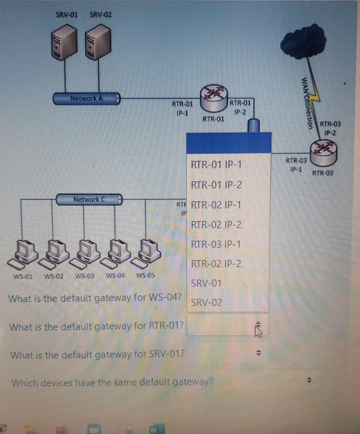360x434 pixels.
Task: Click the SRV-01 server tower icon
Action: [64, 42]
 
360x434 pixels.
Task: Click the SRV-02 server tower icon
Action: [98, 42]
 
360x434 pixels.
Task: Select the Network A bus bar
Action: [86, 98]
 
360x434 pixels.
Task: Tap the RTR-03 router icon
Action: [323, 153]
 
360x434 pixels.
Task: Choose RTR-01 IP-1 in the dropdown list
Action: [216, 165]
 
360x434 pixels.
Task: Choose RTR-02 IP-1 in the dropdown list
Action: [216, 205]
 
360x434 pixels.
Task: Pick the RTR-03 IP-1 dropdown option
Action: [216, 244]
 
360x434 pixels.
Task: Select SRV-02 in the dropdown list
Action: [207, 303]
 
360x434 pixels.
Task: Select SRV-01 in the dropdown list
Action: [207, 283]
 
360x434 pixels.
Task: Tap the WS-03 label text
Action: [84, 276]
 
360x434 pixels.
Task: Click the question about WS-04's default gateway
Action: [95, 298]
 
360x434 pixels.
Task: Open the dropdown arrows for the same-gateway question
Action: [309, 381]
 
